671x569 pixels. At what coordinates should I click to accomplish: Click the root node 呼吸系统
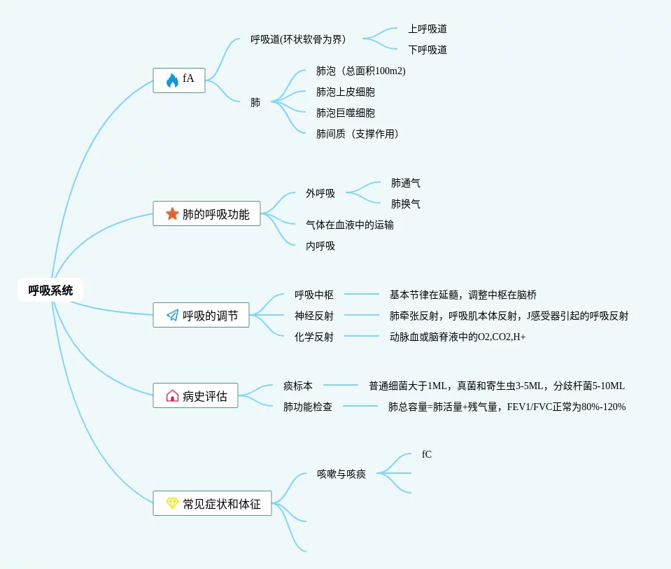50,290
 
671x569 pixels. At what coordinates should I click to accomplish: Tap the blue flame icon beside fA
172,80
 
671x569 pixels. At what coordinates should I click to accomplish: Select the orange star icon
172,213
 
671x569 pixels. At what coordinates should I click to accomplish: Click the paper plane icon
172,315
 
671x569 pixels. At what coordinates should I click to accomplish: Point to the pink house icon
172,395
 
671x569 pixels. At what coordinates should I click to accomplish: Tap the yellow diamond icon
172,503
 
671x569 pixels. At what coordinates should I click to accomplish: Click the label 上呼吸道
428,29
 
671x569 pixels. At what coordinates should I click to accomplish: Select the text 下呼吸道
428,50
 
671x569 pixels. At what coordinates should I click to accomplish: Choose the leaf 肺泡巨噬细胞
346,113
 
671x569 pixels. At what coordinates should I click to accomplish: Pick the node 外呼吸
320,193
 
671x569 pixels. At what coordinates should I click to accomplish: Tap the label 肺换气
406,204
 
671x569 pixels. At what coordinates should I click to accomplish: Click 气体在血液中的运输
350,225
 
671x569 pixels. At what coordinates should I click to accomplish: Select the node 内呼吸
320,246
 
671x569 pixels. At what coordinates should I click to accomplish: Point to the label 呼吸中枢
314,295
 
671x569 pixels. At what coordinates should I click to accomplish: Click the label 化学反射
314,337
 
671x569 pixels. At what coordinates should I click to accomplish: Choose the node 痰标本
298,385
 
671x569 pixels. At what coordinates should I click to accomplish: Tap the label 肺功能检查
308,406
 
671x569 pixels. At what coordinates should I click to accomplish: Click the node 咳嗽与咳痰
341,474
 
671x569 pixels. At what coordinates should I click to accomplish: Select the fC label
427,454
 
